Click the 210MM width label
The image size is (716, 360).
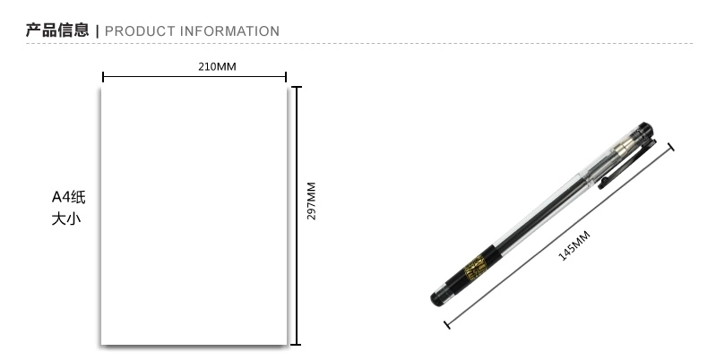coord(218,66)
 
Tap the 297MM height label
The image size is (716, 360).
coord(311,201)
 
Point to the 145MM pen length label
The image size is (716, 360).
coord(574,246)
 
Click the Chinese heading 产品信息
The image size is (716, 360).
coord(57,30)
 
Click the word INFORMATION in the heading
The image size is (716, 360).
coord(229,31)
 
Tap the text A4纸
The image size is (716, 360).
coord(68,197)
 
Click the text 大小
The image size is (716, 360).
coord(66,219)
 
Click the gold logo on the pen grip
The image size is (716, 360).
coord(474,269)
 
